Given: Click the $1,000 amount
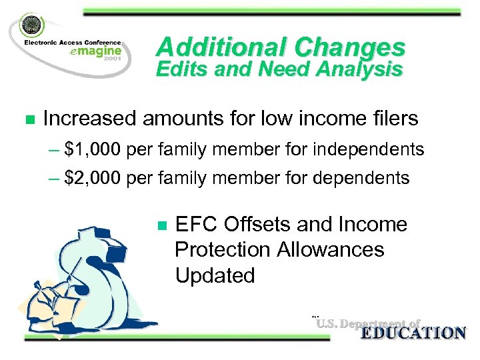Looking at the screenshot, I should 93,150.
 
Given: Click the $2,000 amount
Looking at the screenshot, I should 93,178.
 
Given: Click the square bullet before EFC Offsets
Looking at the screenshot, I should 160,225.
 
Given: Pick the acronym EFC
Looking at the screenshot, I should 196,225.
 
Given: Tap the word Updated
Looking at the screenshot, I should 215,275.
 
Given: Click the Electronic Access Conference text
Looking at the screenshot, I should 73,41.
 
